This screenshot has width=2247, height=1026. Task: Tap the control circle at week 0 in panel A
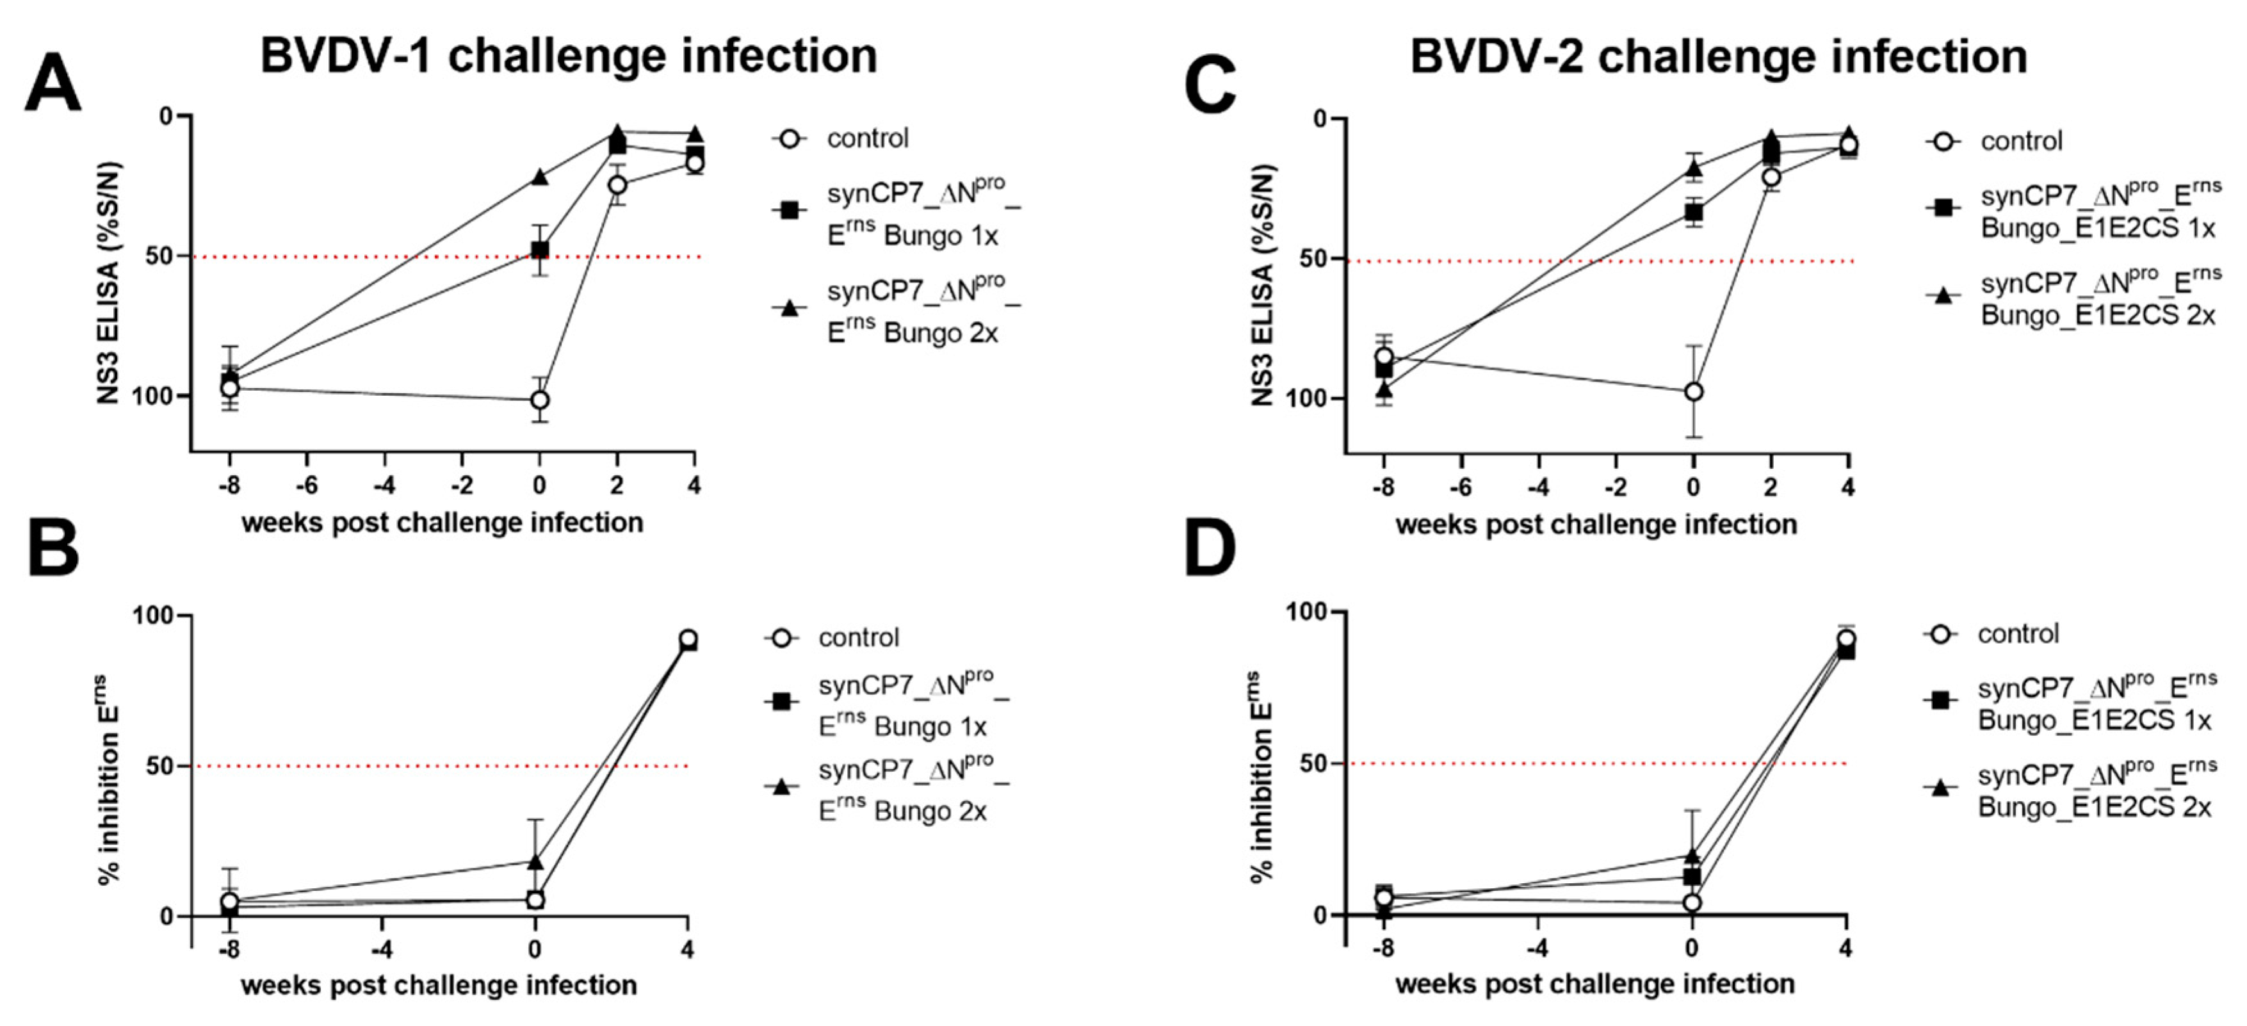[x=540, y=400]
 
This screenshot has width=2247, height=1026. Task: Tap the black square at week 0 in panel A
[x=540, y=250]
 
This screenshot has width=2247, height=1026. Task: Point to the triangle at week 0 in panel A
[x=540, y=177]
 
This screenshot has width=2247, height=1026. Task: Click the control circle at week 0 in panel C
[x=1694, y=392]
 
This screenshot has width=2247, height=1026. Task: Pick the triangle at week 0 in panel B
[x=535, y=862]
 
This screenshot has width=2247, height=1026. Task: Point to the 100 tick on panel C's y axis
[x=1315, y=398]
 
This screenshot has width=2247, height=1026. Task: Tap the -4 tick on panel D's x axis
[x=1538, y=949]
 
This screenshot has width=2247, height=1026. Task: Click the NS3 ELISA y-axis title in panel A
[x=108, y=284]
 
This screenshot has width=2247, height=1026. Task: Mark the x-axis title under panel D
[x=1594, y=984]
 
